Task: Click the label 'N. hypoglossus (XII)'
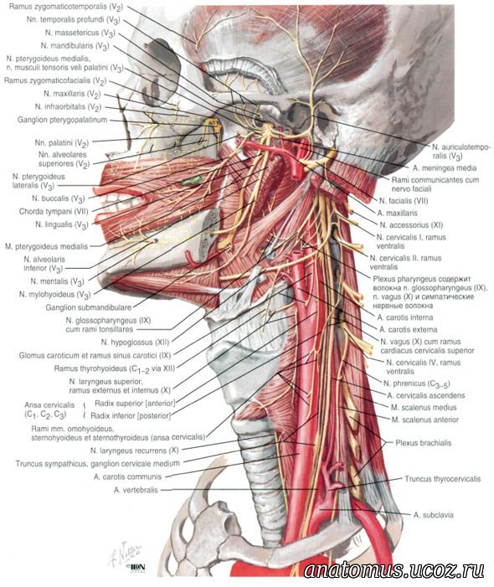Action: click(135, 342)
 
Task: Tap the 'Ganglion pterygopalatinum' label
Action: click(62, 120)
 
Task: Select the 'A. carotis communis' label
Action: click(127, 476)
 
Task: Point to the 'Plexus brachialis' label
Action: click(424, 443)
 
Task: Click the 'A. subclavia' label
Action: click(434, 515)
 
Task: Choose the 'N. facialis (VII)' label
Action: click(404, 201)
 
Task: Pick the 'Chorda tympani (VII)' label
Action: click(54, 212)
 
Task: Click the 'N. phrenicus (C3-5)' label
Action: click(416, 384)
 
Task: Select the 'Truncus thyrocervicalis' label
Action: click(442, 479)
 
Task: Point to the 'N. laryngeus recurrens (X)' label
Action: click(134, 451)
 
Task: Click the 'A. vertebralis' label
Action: click(136, 490)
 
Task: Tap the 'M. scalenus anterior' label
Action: click(425, 420)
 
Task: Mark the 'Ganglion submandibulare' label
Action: click(88, 307)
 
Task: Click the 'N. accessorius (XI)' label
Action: click(411, 225)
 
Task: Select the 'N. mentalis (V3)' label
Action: click(57, 281)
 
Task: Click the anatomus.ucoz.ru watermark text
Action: click(394, 570)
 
